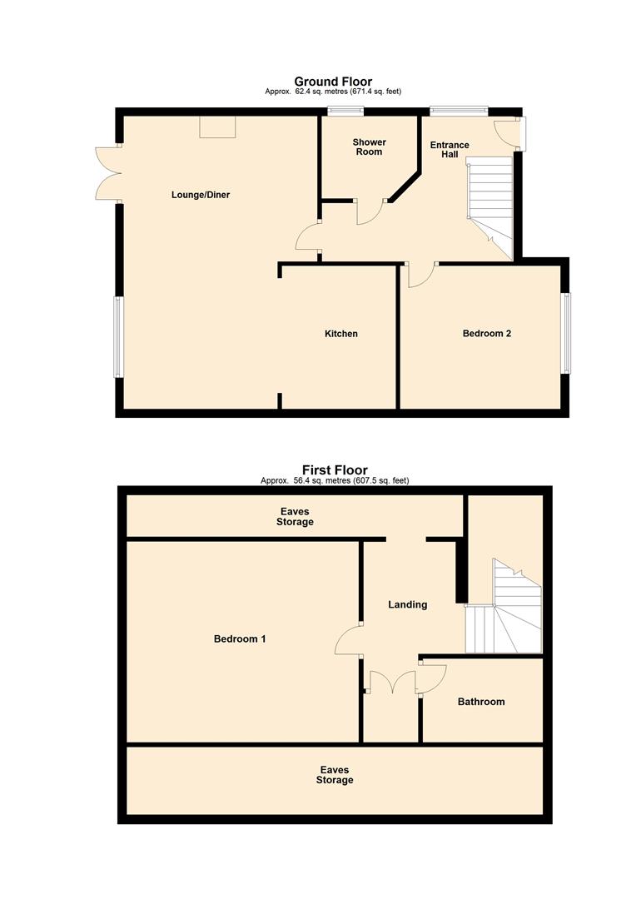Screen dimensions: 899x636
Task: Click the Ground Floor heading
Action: (x=332, y=82)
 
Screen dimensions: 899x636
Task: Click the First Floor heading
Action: (x=334, y=470)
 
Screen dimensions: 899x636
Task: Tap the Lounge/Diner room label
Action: (x=200, y=195)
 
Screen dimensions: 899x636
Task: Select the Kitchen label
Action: (x=340, y=334)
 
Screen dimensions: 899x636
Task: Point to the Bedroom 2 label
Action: (x=486, y=334)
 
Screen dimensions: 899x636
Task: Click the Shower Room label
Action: (x=369, y=147)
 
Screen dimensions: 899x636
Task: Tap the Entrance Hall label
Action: (x=449, y=150)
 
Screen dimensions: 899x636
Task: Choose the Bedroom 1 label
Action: (x=240, y=639)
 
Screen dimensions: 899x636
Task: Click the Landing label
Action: (x=407, y=604)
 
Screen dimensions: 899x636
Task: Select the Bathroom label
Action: (x=480, y=702)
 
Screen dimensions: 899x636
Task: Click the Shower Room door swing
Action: (x=369, y=212)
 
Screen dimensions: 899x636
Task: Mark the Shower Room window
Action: (x=339, y=112)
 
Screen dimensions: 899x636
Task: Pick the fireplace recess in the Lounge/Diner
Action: (x=216, y=127)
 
